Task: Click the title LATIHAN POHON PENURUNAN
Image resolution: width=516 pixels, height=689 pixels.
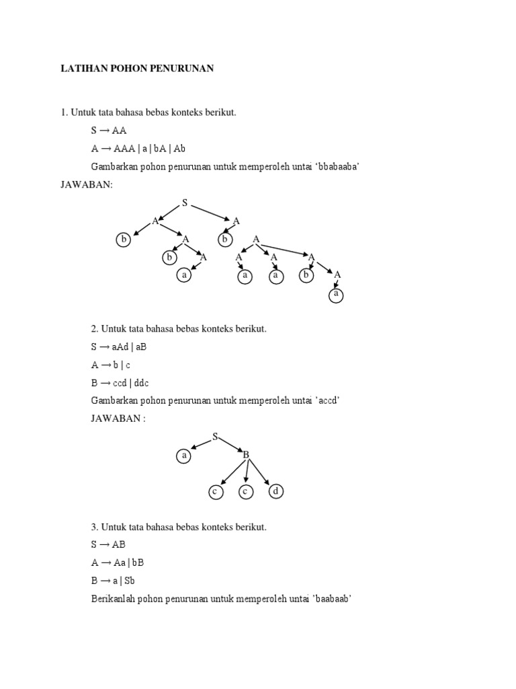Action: [137, 69]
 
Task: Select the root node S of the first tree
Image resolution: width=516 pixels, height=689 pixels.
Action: [185, 203]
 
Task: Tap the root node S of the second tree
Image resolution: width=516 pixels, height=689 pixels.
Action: [215, 437]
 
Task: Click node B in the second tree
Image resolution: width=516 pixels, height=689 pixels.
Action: [246, 456]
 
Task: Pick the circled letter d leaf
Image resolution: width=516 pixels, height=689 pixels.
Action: [275, 492]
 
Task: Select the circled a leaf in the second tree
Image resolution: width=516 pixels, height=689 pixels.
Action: [183, 456]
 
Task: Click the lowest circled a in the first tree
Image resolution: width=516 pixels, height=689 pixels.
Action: [336, 295]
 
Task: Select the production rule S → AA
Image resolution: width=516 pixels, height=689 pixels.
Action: [109, 131]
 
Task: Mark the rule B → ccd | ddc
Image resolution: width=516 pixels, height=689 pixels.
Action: [120, 383]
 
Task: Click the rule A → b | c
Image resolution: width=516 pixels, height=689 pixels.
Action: [112, 365]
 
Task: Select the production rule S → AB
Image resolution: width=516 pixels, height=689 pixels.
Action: [108, 544]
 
